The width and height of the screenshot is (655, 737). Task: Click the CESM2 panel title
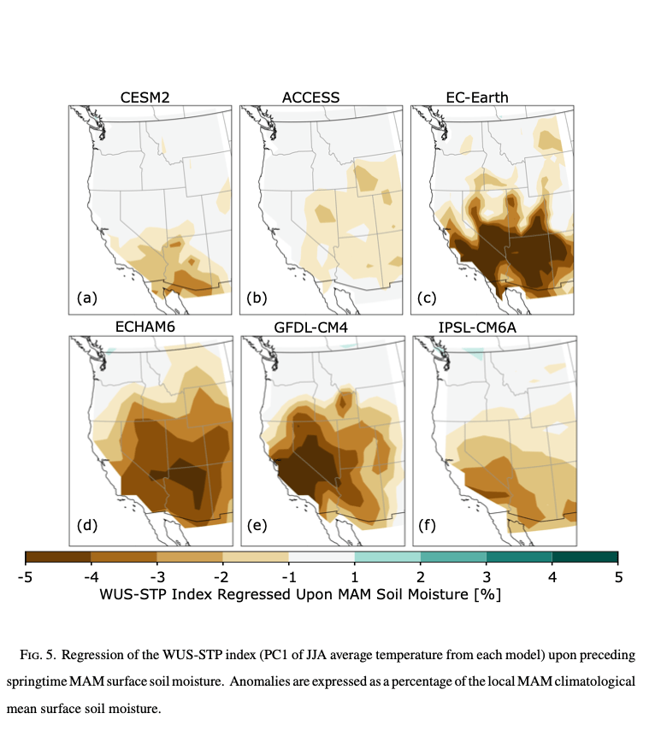145,97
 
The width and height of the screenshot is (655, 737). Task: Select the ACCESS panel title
310,97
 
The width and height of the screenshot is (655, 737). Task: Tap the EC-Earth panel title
477,97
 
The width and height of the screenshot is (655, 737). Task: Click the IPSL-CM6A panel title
483,326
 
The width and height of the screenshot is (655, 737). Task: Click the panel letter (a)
87,298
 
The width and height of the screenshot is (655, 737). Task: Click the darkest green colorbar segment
585,557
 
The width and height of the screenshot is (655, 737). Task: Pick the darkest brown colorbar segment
58,557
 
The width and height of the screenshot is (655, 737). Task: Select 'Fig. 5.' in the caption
38,655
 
